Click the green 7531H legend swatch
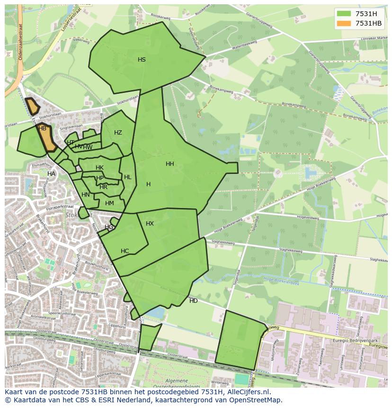tap(345, 14)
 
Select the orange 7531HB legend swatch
tap(345, 23)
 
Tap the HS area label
tap(142, 60)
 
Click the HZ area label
tap(118, 133)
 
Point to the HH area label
tap(170, 164)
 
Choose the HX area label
tap(150, 224)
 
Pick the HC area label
tap(125, 251)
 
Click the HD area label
tap(194, 301)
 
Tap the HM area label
tap(109, 203)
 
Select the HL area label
tap(127, 177)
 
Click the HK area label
tap(99, 168)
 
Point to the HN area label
tap(85, 195)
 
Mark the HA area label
tap(51, 174)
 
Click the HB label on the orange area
tap(42, 128)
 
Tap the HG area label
tap(109, 227)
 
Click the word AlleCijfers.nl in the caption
tap(247, 392)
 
